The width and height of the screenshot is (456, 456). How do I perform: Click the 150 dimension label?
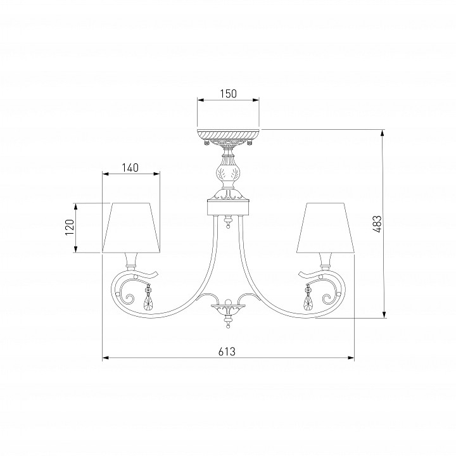point(228,93)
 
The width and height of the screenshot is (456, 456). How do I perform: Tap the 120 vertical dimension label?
point(70,227)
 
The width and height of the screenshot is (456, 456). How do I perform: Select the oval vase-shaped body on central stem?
point(228,172)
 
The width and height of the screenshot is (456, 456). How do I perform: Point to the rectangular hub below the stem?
point(228,206)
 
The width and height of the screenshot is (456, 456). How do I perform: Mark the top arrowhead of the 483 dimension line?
point(383,133)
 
